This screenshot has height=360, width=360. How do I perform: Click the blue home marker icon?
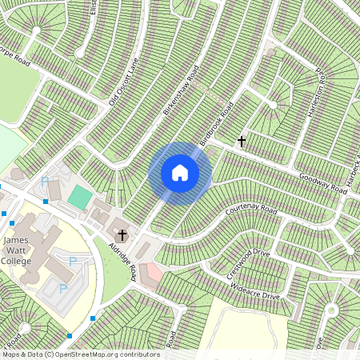pyautogui.click(x=179, y=173)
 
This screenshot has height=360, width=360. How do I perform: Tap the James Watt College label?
pyautogui.click(x=16, y=250)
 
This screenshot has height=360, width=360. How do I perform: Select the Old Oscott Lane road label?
pyautogui.click(x=124, y=85)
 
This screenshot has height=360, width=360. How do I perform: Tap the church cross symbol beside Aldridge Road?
pyautogui.click(x=122, y=234)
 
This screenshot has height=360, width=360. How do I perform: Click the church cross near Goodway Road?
pyautogui.click(x=241, y=142)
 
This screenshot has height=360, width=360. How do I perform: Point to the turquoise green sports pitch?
pyautogui.click(x=79, y=196)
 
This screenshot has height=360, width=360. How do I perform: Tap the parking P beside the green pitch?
pyautogui.click(x=45, y=181)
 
